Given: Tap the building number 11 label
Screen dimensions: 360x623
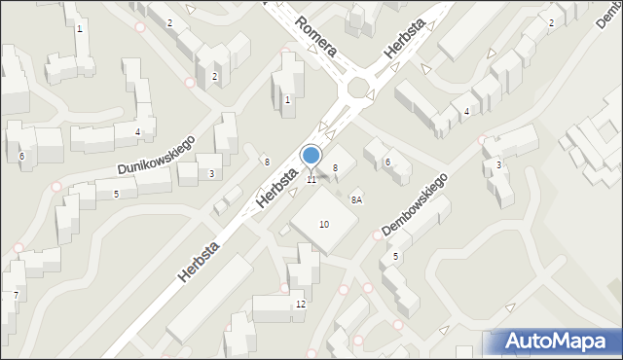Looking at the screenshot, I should pyautogui.click(x=311, y=180).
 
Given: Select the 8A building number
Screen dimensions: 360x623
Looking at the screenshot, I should pyautogui.click(x=357, y=199).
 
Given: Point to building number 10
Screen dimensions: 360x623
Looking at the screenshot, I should pyautogui.click(x=324, y=225).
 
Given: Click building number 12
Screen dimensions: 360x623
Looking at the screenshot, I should pyautogui.click(x=301, y=305).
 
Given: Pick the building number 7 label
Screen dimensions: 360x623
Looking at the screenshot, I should pyautogui.click(x=16, y=295).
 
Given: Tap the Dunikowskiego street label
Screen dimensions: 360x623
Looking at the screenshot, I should pyautogui.click(x=157, y=155).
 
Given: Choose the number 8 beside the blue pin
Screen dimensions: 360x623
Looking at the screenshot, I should pyautogui.click(x=335, y=168).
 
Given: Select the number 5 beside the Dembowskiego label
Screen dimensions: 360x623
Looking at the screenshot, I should pyautogui.click(x=395, y=257).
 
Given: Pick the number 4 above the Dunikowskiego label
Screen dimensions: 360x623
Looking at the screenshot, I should pyautogui.click(x=138, y=132).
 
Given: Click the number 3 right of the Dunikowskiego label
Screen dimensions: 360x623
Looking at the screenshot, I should pyautogui.click(x=211, y=174).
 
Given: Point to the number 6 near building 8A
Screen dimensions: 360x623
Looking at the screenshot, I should pyautogui.click(x=387, y=162).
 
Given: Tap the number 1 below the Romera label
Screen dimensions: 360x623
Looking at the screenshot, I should pyautogui.click(x=287, y=100).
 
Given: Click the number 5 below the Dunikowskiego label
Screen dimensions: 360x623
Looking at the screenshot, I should pyautogui.click(x=116, y=195).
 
